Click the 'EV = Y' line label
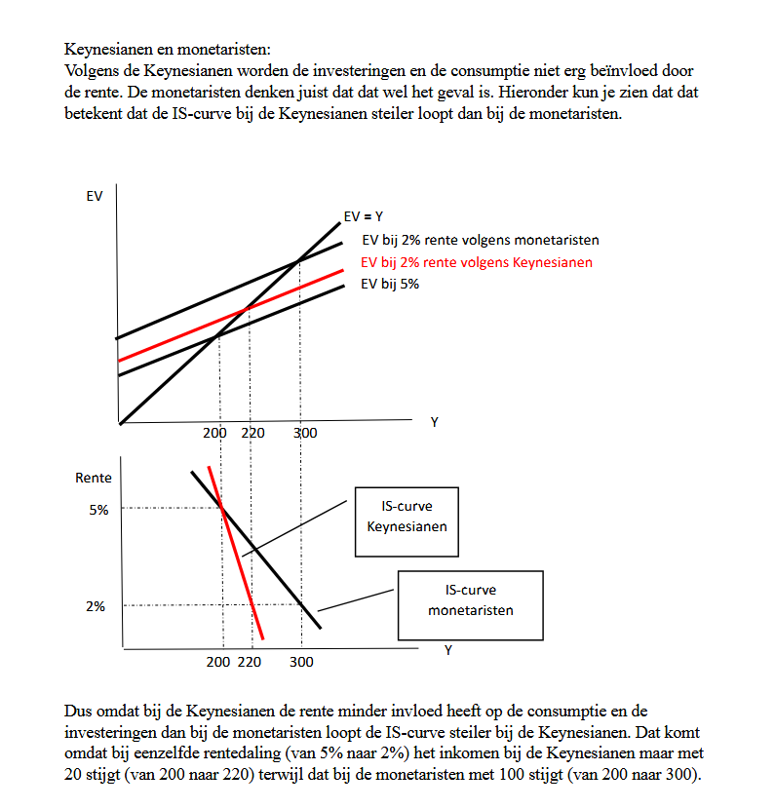pos(363,216)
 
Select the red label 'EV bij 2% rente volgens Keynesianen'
pos(476,262)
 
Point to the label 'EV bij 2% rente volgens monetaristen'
pos(480,240)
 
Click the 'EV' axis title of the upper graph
pos(95,196)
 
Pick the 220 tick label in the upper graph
pos(252,433)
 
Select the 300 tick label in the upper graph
pos(305,433)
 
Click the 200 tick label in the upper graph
pos(214,433)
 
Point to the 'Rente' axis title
pos(94,478)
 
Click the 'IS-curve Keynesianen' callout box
pos(407,517)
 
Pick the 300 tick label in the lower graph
pos(301,663)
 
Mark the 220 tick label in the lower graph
pos(250,663)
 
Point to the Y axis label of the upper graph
pos(434,421)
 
